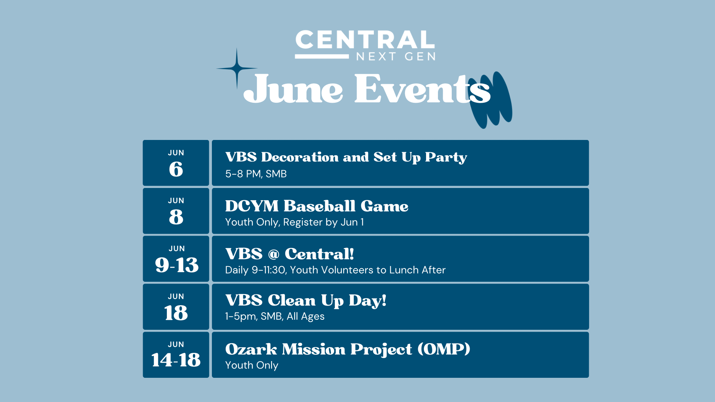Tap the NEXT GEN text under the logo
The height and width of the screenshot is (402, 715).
[x=396, y=57]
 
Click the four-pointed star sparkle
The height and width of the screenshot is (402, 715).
[x=237, y=68]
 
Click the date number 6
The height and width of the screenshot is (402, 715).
[x=176, y=169]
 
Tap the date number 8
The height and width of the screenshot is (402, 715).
[x=176, y=217]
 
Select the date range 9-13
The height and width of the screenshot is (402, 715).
[x=177, y=265]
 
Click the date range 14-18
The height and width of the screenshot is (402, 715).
[x=176, y=360]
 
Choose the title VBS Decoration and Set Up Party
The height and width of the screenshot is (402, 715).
[x=346, y=157]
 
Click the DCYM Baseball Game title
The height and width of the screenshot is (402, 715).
[x=317, y=206]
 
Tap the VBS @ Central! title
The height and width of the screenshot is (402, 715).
[x=290, y=254]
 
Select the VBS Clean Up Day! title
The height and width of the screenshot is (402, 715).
[x=306, y=300]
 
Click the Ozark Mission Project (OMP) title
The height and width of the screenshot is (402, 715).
[x=348, y=349]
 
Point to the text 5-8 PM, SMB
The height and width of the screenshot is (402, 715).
[x=256, y=174]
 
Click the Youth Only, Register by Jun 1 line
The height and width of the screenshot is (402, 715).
[x=295, y=222]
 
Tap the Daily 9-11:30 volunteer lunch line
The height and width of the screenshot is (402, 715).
[x=336, y=270]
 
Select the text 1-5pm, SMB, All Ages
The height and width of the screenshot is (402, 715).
[x=275, y=316]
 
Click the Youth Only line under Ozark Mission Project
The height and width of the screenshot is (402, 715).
[x=252, y=365]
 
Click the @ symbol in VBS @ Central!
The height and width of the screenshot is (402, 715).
[x=274, y=254]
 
